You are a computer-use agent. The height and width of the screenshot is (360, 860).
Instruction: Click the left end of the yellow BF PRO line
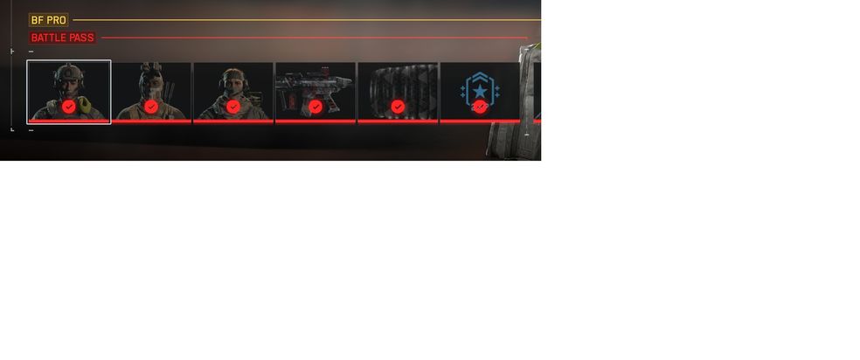click(x=73, y=20)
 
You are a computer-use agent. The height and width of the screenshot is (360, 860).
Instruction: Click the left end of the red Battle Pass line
click(x=101, y=38)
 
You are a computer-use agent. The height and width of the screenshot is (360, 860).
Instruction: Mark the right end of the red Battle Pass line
click(x=528, y=38)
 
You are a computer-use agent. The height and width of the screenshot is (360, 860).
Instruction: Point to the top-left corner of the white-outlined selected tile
click(x=27, y=60)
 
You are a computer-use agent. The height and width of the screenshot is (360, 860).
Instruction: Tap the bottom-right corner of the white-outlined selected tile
click(x=111, y=124)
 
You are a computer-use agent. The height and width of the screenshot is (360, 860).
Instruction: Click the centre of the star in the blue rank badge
click(x=480, y=90)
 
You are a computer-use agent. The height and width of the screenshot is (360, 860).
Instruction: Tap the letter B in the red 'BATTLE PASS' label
click(x=34, y=38)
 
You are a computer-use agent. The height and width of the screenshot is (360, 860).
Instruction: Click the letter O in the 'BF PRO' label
click(x=62, y=20)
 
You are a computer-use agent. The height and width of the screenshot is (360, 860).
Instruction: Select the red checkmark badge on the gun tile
click(x=316, y=107)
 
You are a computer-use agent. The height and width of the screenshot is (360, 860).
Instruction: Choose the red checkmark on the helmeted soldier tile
click(x=68, y=107)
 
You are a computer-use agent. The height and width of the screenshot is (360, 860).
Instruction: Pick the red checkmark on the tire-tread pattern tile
click(x=399, y=107)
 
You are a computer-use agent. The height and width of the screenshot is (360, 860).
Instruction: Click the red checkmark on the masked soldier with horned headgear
click(x=151, y=107)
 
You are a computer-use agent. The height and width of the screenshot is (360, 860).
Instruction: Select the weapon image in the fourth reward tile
click(x=314, y=87)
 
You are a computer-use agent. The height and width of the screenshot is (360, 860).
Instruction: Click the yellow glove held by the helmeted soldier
click(x=84, y=105)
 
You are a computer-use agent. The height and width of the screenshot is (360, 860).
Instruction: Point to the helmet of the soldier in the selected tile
click(x=69, y=73)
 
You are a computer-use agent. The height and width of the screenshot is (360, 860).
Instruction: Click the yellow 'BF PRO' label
click(x=49, y=20)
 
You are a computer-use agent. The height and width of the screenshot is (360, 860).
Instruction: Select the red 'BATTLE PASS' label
click(x=63, y=38)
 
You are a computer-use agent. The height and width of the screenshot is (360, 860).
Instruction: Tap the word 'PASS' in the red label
click(x=80, y=38)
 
